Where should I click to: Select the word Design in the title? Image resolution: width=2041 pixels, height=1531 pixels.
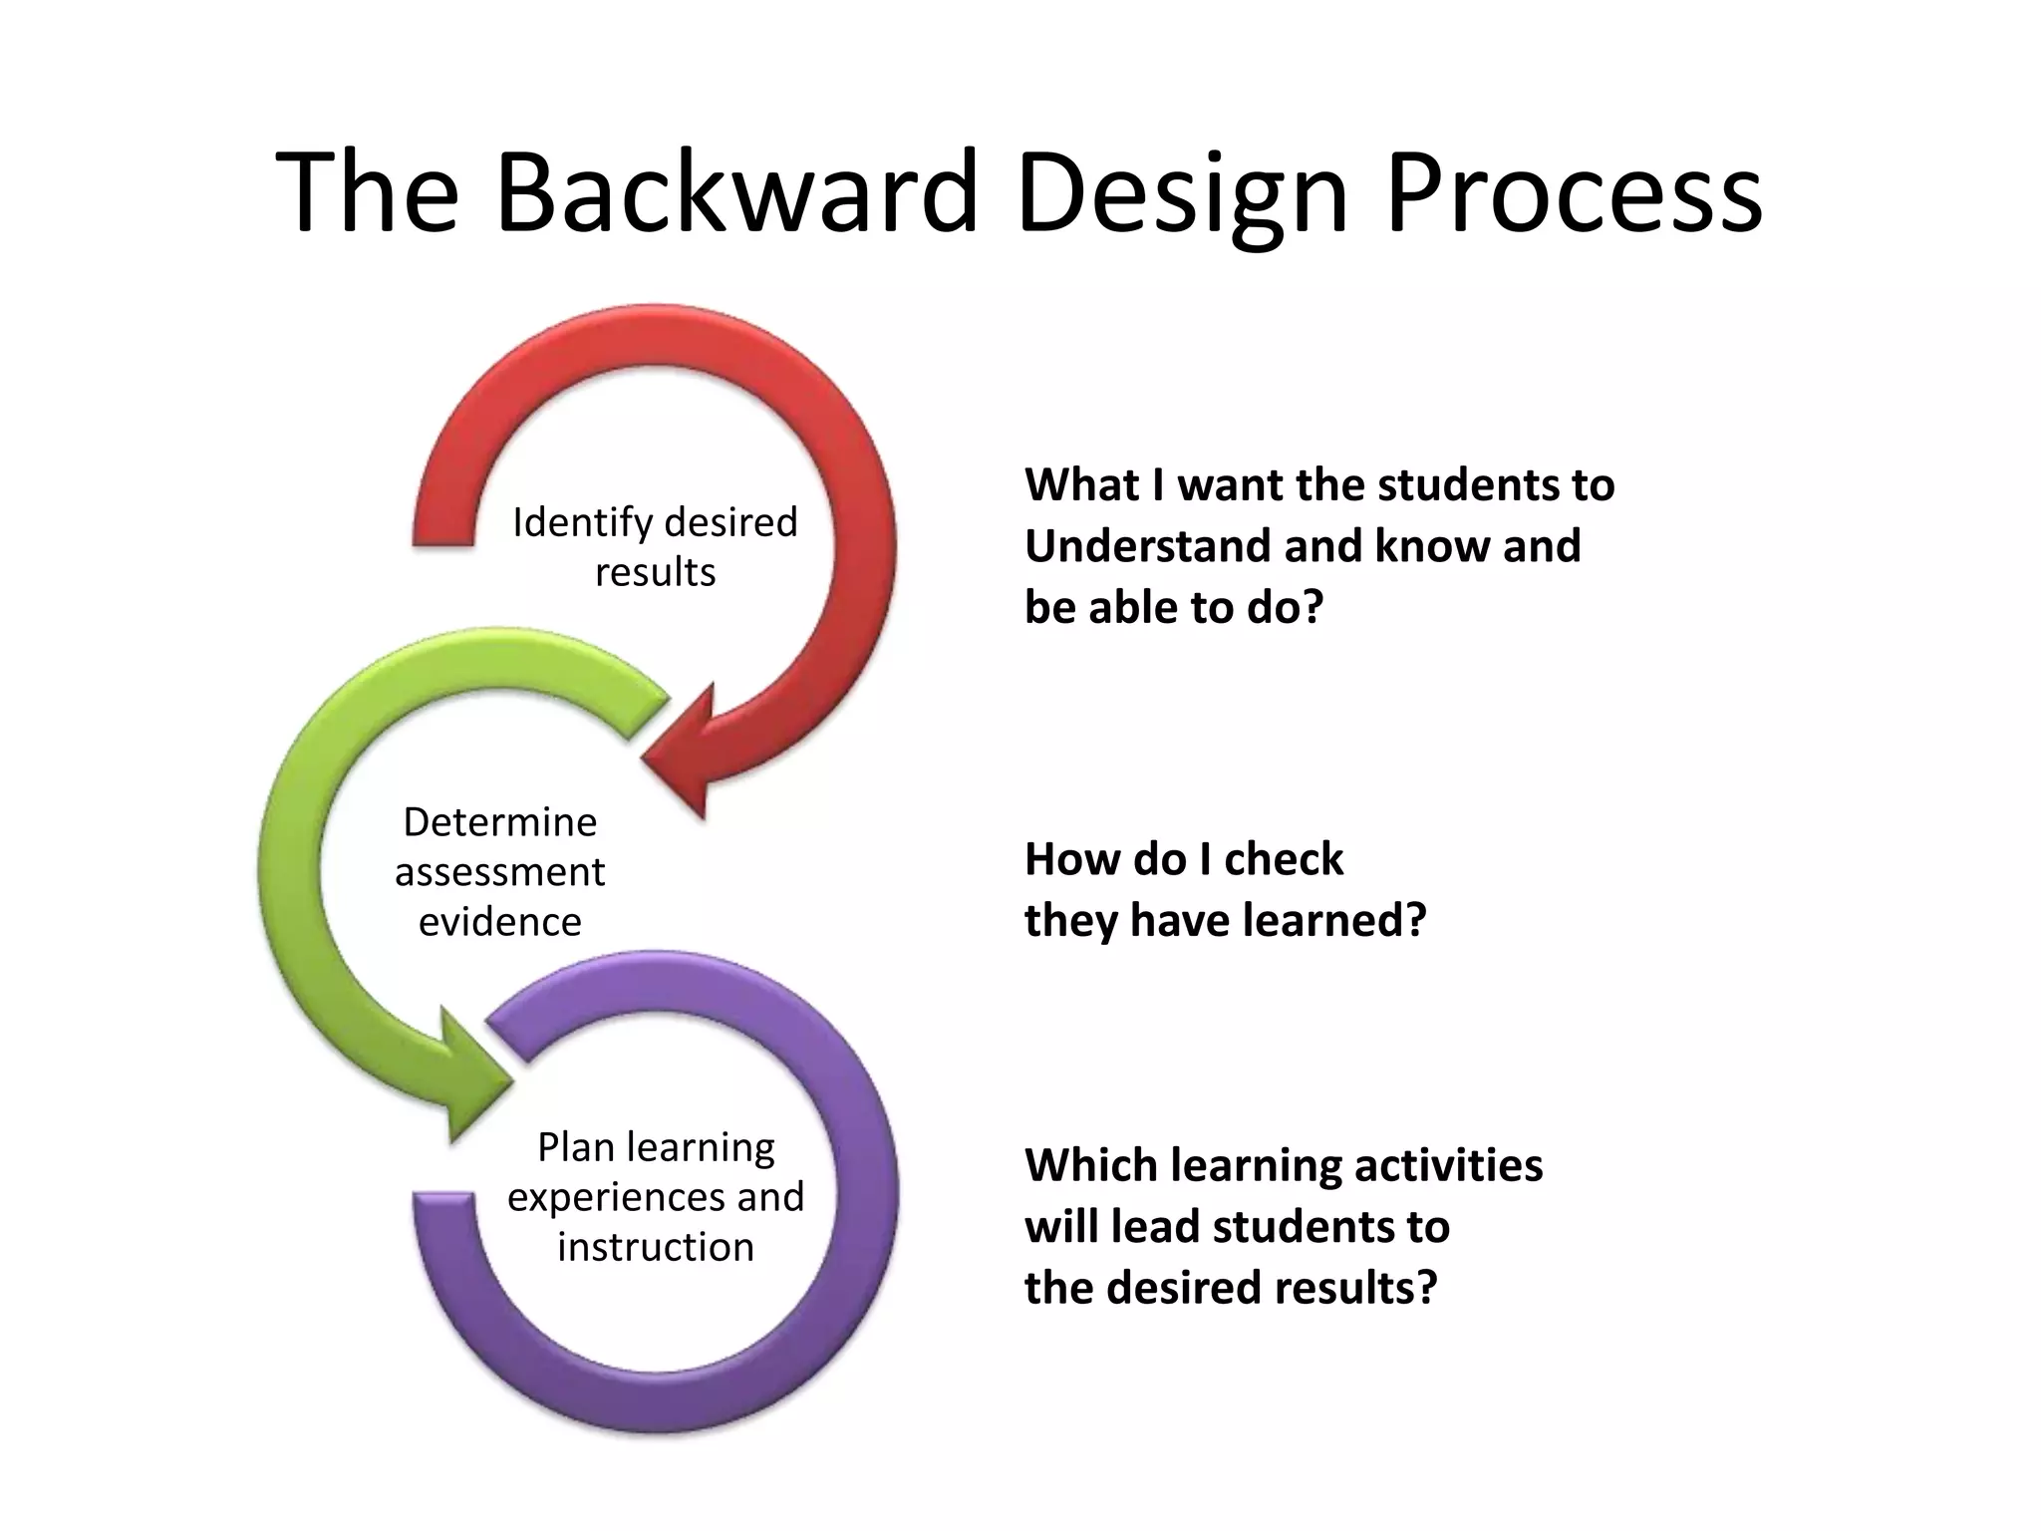(x=1182, y=191)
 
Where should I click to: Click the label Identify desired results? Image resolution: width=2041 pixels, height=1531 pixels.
(x=655, y=546)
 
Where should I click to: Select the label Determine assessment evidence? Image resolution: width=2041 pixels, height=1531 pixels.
(x=499, y=871)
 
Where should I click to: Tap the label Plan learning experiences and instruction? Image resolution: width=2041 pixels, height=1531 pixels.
(x=655, y=1196)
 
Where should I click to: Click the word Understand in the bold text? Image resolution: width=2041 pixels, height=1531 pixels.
(x=1146, y=546)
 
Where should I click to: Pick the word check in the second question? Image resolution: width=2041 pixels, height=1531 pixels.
(x=1283, y=859)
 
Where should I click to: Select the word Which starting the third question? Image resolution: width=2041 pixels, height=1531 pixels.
(x=1089, y=1165)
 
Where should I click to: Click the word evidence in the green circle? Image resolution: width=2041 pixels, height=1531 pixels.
(x=499, y=922)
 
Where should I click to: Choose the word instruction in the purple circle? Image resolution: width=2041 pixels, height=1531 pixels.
(x=655, y=1247)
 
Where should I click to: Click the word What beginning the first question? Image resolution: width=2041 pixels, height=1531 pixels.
(x=1081, y=485)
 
